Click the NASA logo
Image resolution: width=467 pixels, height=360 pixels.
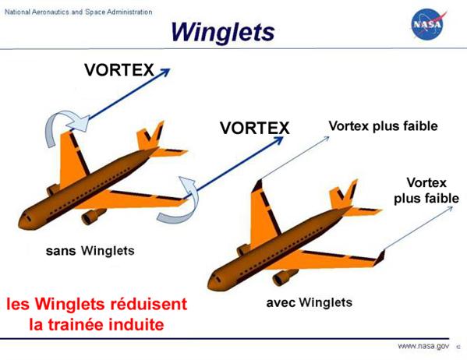pos(429,24)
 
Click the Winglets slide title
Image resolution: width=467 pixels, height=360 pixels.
pos(222,32)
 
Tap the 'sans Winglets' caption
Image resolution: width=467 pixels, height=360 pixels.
pos(90,251)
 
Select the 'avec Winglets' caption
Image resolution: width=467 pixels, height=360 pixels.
pos(310,302)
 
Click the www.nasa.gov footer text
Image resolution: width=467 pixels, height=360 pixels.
pos(423,346)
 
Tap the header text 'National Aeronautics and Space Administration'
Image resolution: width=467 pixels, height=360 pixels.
pos(78,12)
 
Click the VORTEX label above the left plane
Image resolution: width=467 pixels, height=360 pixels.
pos(119,70)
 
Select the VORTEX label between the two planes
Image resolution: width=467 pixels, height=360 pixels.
pos(255,128)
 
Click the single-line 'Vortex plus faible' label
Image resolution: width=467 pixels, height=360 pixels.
pos(384,126)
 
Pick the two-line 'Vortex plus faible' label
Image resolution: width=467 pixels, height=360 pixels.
pos(426,191)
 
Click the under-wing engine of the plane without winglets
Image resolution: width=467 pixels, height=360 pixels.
pos(93,217)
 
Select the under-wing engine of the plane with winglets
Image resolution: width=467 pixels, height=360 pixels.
pos(285,277)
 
